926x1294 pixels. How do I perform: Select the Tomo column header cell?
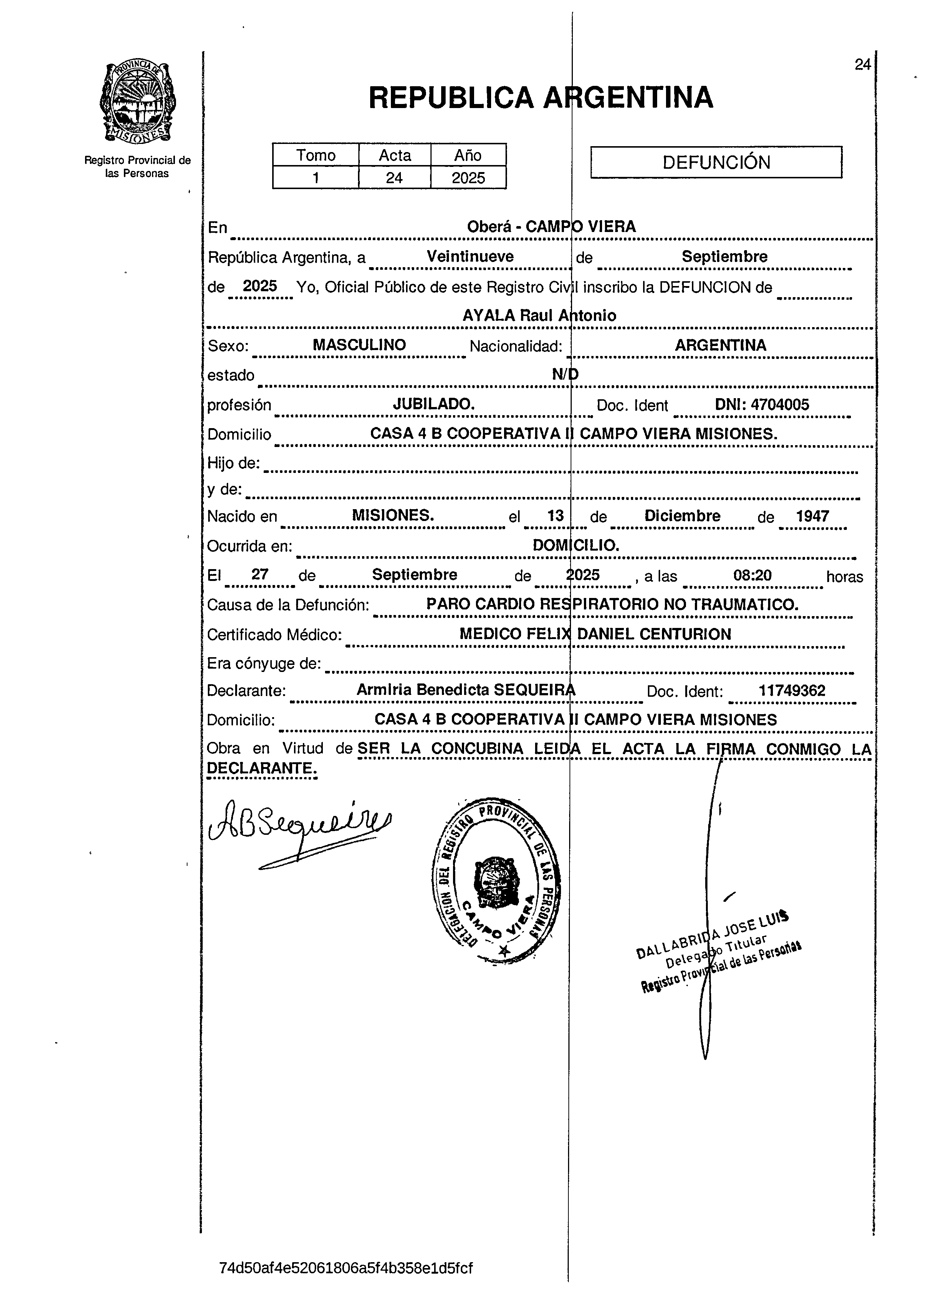click(315, 155)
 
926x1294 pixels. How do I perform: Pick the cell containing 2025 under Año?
click(468, 178)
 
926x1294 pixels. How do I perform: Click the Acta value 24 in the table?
click(394, 178)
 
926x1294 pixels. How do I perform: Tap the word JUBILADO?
click(434, 404)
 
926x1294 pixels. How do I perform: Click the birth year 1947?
click(812, 516)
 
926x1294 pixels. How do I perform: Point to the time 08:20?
click(752, 575)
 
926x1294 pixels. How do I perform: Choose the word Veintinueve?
click(470, 257)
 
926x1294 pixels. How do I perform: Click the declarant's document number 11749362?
click(791, 691)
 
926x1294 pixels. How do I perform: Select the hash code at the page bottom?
click(345, 1268)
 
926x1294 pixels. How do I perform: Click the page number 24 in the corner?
click(862, 64)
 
